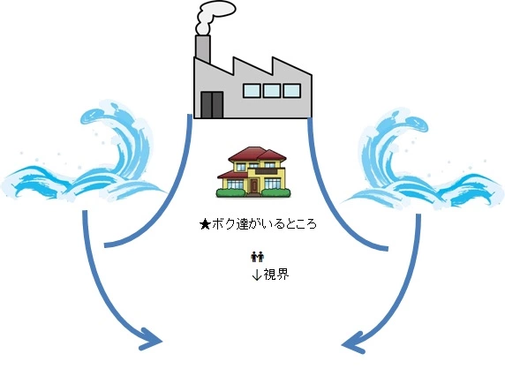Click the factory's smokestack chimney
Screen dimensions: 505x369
(203, 49)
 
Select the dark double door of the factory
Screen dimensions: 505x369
(212, 105)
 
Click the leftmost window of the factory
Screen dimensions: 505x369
(252, 91)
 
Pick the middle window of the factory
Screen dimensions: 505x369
(272, 91)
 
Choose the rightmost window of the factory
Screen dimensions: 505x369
(292, 91)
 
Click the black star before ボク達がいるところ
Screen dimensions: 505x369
(205, 224)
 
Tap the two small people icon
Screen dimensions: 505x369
(257, 257)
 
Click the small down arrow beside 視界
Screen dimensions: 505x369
(257, 275)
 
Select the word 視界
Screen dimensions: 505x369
(276, 275)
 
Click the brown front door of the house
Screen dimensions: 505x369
(253, 186)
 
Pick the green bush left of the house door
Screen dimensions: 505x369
(230, 192)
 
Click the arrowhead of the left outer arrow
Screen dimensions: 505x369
(150, 340)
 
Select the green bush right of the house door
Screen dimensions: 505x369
(276, 192)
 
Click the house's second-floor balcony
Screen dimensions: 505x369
(266, 171)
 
